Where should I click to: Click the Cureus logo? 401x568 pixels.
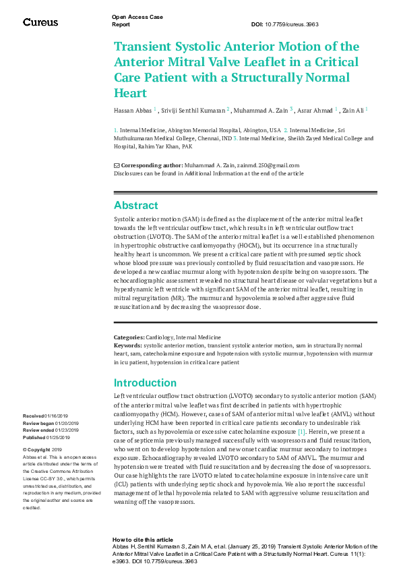point(40,22)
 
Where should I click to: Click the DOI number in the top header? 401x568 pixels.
point(295,24)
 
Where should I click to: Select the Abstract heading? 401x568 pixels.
point(135,205)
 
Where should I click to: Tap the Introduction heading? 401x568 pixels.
point(145,382)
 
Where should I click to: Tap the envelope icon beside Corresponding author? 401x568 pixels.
point(117,165)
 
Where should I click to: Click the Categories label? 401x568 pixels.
point(129,337)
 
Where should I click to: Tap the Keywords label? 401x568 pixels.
point(128,345)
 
